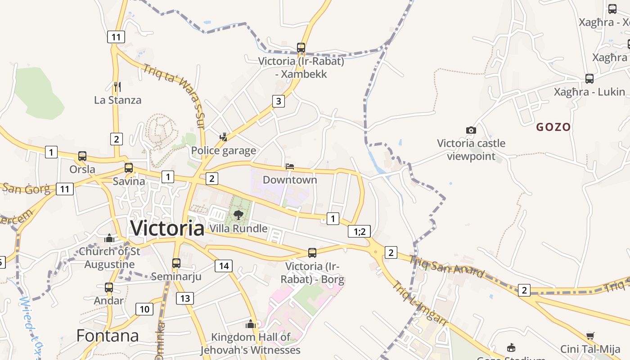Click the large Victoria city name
[167, 229]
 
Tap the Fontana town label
[108, 336]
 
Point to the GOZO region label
[553, 127]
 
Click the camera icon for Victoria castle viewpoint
[471, 130]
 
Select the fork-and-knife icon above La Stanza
[117, 86]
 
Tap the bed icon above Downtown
[290, 166]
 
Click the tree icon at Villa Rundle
[238, 215]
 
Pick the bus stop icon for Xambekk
[301, 47]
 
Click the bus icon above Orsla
[82, 156]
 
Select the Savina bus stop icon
[129, 168]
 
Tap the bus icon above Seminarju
[176, 263]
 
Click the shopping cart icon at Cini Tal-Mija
[590, 336]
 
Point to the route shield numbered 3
[279, 101]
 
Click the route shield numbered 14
[223, 266]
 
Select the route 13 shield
[185, 298]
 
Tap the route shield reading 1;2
[359, 231]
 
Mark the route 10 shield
[144, 309]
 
